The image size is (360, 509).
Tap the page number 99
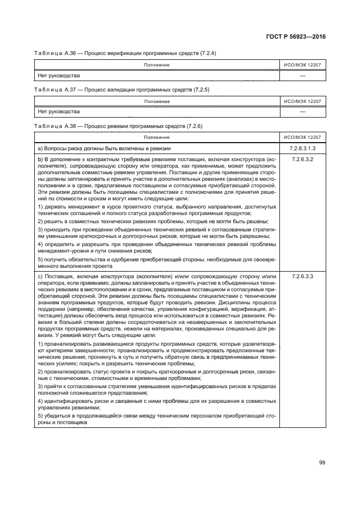[322, 463]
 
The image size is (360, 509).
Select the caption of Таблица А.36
[126, 53]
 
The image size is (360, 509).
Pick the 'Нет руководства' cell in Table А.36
[55, 76]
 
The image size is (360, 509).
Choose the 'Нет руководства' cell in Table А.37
[55, 112]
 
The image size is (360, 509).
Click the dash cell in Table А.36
[302, 76]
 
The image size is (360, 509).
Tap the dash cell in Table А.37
[302, 112]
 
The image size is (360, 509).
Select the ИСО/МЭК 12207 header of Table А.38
[302, 138]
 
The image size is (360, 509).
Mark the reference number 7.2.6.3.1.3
[302, 148]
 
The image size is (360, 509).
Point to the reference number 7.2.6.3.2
[302, 159]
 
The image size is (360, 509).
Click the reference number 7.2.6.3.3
[302, 277]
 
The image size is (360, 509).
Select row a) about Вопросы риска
[104, 148]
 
